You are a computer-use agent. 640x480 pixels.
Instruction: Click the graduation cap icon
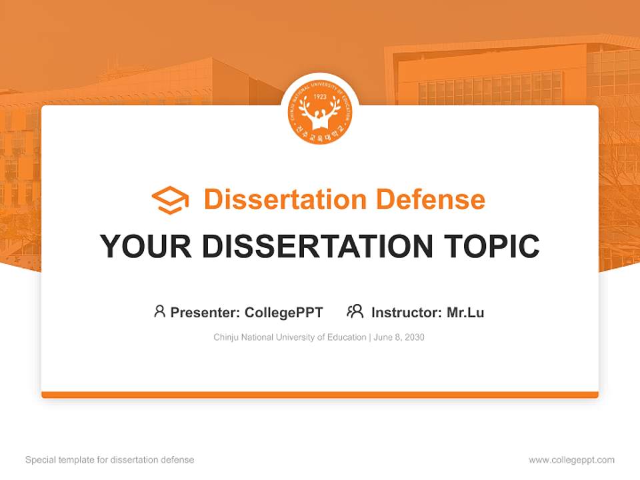(x=170, y=200)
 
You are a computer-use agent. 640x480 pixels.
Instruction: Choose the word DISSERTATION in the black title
(x=317, y=247)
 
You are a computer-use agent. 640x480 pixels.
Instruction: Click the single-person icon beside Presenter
(x=159, y=311)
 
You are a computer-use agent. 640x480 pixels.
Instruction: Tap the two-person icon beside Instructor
(x=355, y=311)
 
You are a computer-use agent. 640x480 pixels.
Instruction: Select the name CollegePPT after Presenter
(x=284, y=312)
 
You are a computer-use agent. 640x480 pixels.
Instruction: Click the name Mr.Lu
(x=465, y=312)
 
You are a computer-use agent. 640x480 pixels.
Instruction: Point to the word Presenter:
(x=205, y=312)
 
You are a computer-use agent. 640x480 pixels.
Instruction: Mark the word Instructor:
(x=406, y=312)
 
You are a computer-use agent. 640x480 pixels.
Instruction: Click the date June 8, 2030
(x=399, y=337)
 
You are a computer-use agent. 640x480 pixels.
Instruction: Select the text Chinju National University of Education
(x=289, y=337)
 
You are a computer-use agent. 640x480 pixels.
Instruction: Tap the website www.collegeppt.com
(x=571, y=460)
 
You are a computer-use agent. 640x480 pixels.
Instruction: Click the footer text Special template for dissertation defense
(x=110, y=460)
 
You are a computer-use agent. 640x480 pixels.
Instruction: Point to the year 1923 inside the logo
(x=320, y=97)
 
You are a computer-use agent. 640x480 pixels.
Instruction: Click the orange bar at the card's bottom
(x=320, y=395)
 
